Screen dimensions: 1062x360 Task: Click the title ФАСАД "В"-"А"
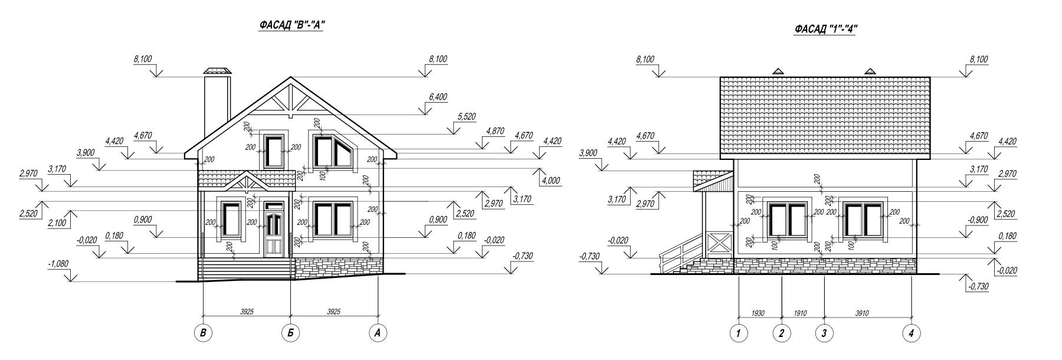pos(292,25)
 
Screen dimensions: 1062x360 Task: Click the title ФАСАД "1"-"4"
pos(825,29)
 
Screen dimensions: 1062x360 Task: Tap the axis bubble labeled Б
pos(290,333)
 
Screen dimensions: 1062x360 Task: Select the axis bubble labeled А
pos(378,333)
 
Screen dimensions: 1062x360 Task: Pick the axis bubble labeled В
pos(203,333)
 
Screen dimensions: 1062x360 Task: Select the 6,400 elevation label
pos(437,97)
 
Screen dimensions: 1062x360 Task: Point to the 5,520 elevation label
pos(466,117)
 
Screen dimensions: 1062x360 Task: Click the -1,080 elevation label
pos(58,265)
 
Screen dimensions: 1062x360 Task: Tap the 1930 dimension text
pos(758,313)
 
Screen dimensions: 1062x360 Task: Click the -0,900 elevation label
pos(978,220)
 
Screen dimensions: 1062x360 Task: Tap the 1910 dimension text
pos(801,313)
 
